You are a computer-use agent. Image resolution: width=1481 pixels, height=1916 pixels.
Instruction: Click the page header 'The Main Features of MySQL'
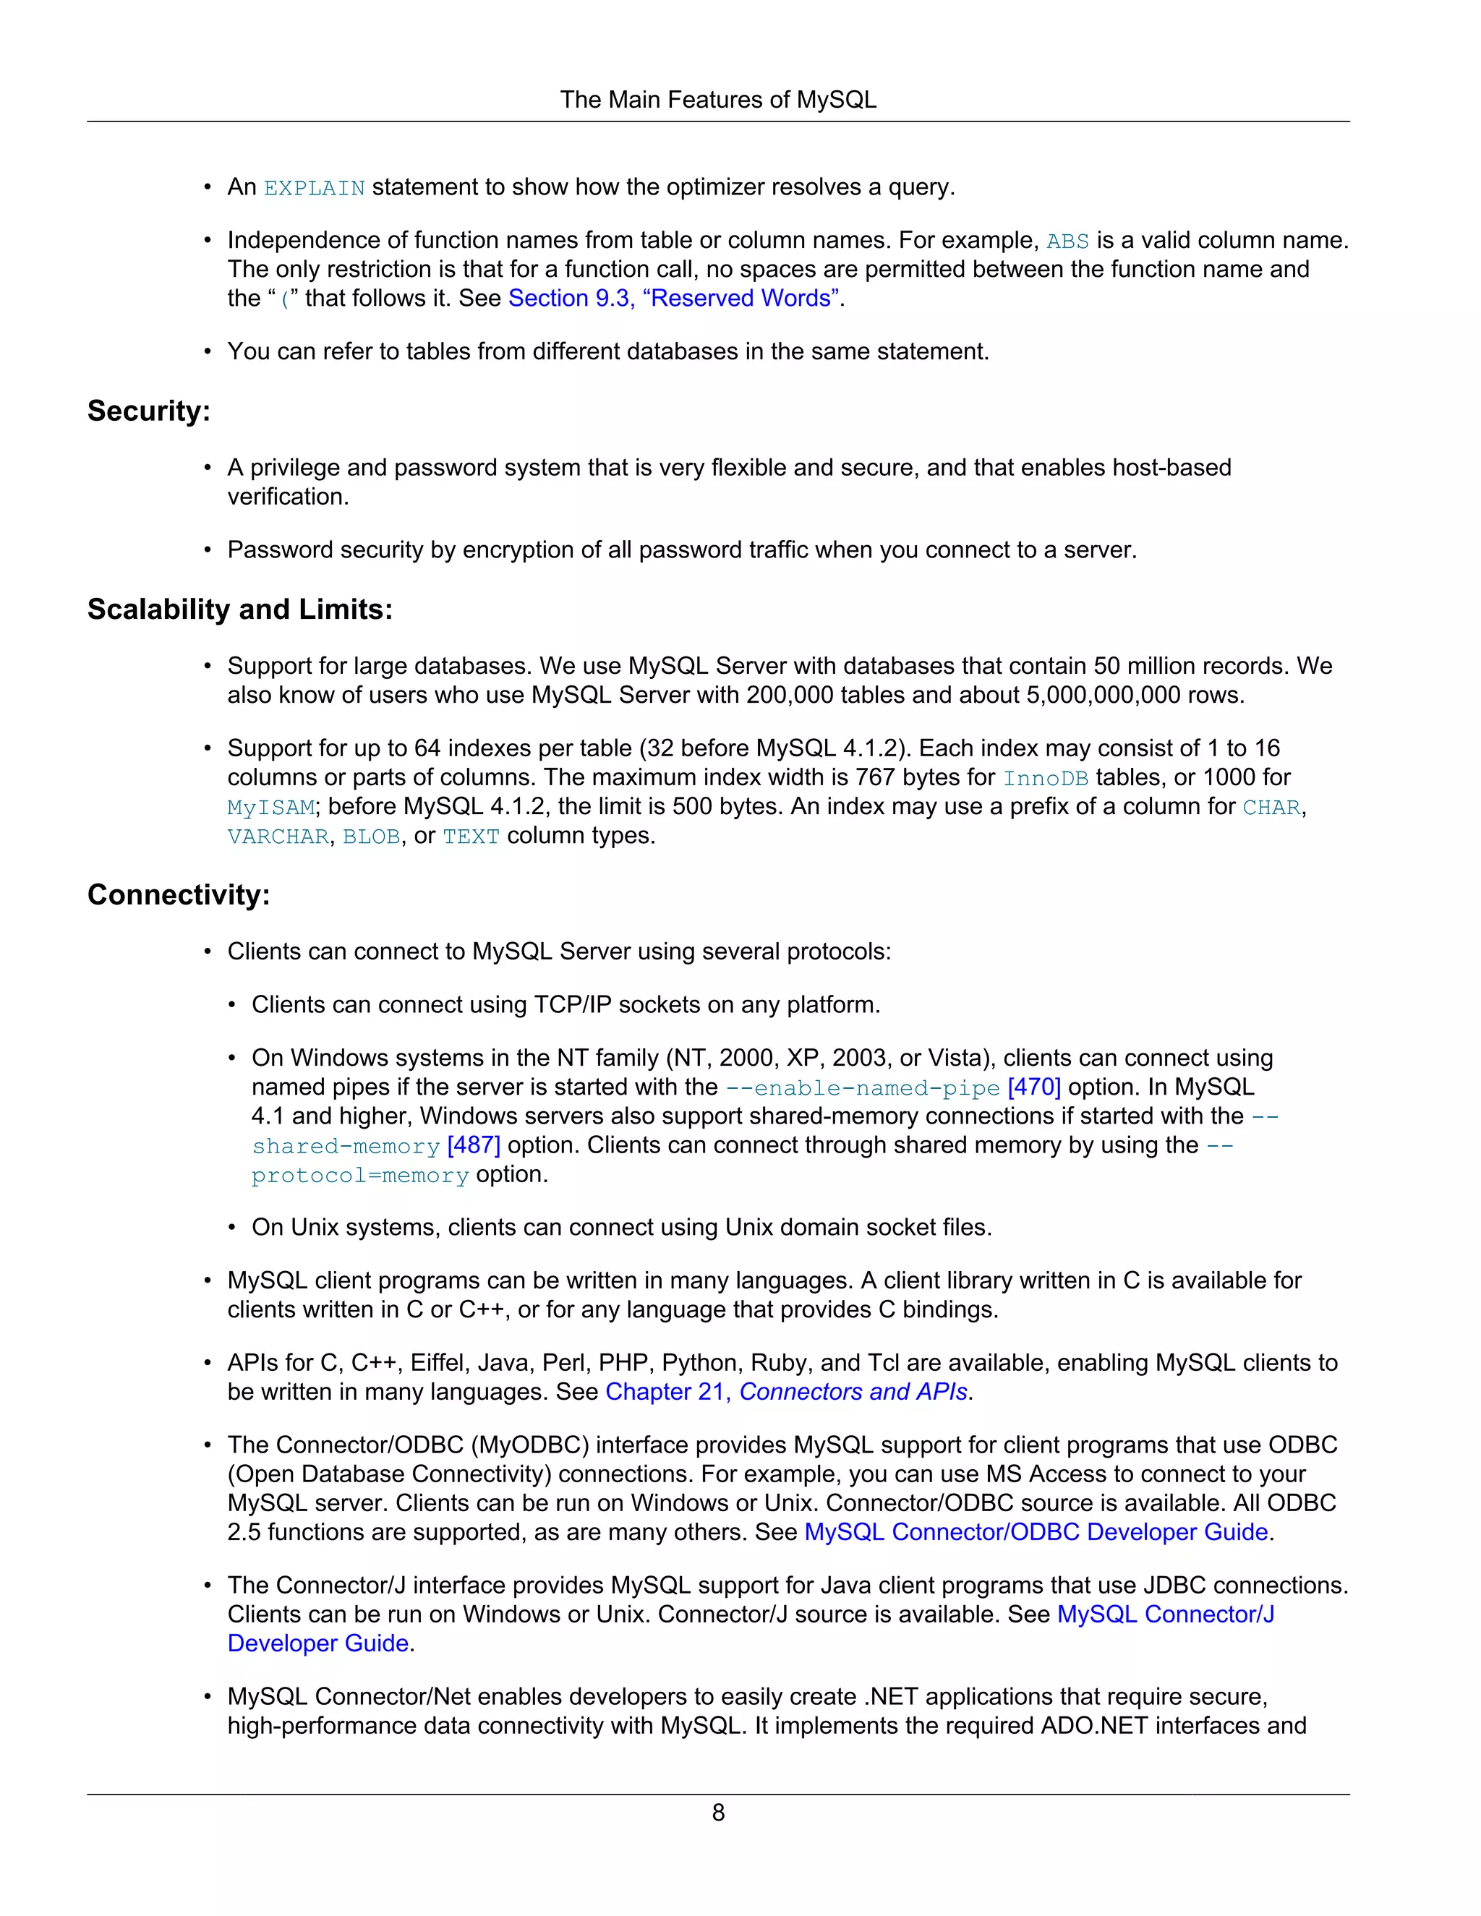pyautogui.click(x=717, y=100)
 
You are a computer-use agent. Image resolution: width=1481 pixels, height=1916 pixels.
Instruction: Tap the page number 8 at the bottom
pyautogui.click(x=717, y=1813)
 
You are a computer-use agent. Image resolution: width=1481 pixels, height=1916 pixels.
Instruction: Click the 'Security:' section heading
pyautogui.click(x=148, y=411)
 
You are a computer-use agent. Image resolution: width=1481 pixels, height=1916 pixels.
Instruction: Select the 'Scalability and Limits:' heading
pyautogui.click(x=239, y=609)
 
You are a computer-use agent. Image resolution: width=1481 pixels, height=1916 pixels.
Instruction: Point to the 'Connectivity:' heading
pyautogui.click(x=178, y=895)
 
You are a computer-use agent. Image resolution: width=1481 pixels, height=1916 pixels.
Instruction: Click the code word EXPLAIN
pyautogui.click(x=314, y=189)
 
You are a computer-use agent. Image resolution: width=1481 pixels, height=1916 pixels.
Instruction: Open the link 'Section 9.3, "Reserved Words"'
pyautogui.click(x=675, y=299)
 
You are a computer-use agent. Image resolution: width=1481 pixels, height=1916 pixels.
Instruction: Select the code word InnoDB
pyautogui.click(x=1045, y=778)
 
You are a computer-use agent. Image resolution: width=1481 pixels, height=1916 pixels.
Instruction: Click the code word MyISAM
pyautogui.click(x=270, y=807)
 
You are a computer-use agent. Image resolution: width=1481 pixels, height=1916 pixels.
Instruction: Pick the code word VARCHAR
pyautogui.click(x=277, y=837)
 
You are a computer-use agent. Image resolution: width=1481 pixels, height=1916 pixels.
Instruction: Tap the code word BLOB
pyautogui.click(x=371, y=837)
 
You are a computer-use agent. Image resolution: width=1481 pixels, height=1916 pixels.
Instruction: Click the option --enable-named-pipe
pyautogui.click(x=863, y=1088)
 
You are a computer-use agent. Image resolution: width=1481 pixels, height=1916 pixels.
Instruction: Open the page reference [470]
pyautogui.click(x=1034, y=1087)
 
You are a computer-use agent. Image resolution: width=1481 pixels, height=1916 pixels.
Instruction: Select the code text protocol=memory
pyautogui.click(x=359, y=1176)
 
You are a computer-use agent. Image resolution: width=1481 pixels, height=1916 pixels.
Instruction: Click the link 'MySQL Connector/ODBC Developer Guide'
pyautogui.click(x=1036, y=1532)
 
